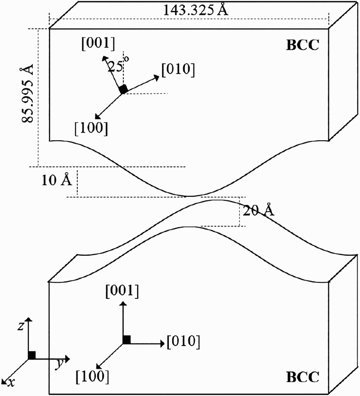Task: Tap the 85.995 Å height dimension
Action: pyautogui.click(x=27, y=93)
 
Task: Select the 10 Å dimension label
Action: pyautogui.click(x=57, y=180)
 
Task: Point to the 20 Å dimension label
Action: pyautogui.click(x=258, y=210)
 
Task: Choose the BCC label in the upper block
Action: pyautogui.click(x=302, y=45)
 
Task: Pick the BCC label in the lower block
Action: pyautogui.click(x=302, y=377)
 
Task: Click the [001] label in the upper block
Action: pyautogui.click(x=98, y=44)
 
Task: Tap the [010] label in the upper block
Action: pyautogui.click(x=178, y=70)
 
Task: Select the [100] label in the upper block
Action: pyautogui.click(x=91, y=128)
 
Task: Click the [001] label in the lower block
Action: pyautogui.click(x=122, y=291)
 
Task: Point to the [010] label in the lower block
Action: pyautogui.click(x=183, y=342)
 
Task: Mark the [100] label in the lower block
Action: pyautogui.click(x=92, y=377)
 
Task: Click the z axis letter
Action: pyautogui.click(x=21, y=326)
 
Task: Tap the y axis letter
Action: pyautogui.click(x=60, y=364)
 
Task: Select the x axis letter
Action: pyautogui.click(x=11, y=383)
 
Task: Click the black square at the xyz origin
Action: pyautogui.click(x=32, y=355)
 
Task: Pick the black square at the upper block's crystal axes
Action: pyautogui.click(x=123, y=89)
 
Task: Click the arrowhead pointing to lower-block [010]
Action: pyautogui.click(x=162, y=343)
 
